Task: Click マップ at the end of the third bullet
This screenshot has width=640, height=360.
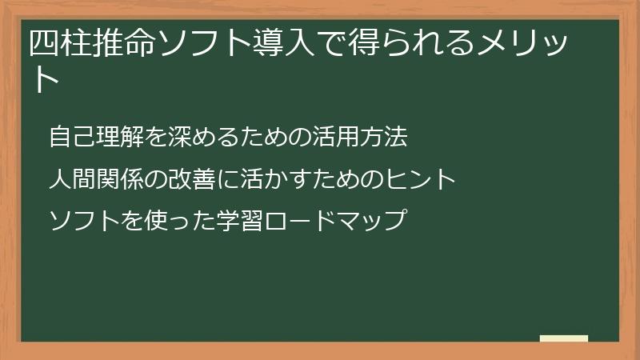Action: [363, 220]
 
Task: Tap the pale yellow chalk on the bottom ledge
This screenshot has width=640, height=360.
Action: [564, 338]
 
